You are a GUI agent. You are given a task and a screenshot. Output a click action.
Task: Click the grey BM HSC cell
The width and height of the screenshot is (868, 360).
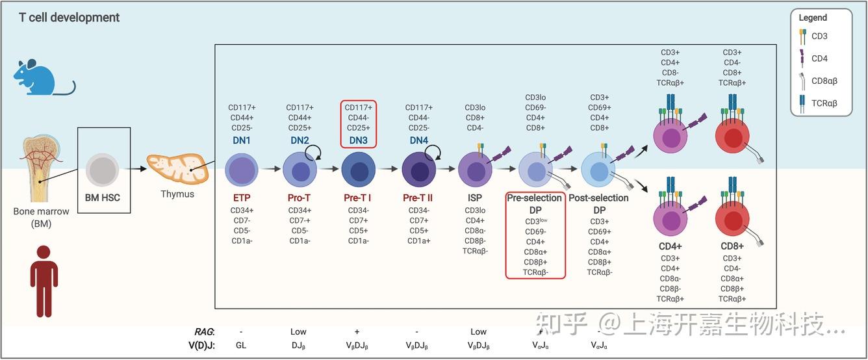click(x=103, y=170)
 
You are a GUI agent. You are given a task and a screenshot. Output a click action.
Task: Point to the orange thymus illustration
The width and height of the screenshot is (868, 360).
click(x=177, y=168)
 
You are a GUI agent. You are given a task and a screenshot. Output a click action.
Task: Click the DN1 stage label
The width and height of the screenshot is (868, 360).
click(x=241, y=140)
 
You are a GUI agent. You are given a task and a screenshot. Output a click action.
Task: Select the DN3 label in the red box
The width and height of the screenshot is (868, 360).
click(x=358, y=140)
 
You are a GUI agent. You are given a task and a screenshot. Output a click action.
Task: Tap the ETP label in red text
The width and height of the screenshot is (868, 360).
click(x=241, y=198)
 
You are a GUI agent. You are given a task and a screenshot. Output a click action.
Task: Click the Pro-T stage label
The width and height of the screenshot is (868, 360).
click(x=300, y=198)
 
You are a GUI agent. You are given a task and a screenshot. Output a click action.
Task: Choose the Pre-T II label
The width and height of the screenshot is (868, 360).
click(x=418, y=198)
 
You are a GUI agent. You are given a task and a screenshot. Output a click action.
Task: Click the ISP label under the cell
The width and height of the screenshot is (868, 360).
click(x=474, y=198)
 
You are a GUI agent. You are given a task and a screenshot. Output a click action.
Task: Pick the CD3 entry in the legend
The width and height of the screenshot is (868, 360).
click(x=819, y=36)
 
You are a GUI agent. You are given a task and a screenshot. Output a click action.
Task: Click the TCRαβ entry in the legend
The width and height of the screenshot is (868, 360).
click(x=824, y=103)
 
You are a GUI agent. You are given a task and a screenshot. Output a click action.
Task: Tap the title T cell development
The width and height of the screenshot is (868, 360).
click(x=69, y=18)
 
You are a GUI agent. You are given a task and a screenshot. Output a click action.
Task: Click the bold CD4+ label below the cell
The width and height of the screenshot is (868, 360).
click(x=670, y=246)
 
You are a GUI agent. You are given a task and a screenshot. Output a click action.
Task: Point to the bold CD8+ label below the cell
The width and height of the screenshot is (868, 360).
click(x=732, y=246)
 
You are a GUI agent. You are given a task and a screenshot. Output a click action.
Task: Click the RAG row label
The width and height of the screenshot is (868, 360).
click(x=205, y=331)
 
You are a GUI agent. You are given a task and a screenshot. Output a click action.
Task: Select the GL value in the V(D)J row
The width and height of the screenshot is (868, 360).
click(x=241, y=346)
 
